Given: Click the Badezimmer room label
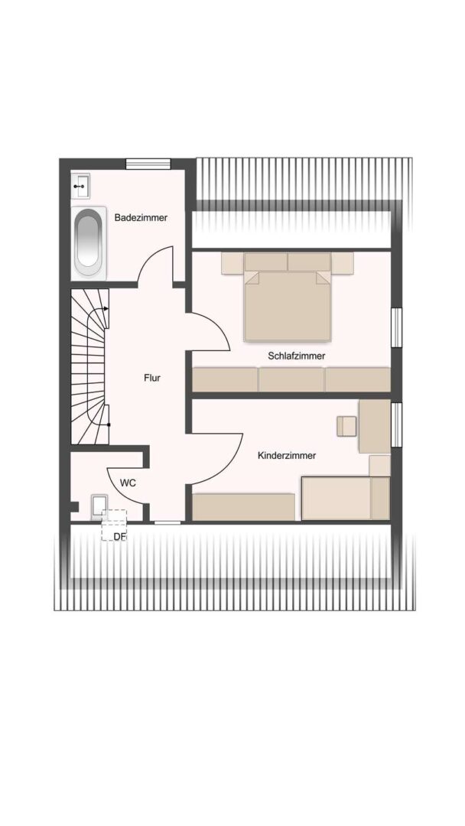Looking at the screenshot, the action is click(x=141, y=217).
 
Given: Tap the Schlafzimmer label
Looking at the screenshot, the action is click(x=296, y=356).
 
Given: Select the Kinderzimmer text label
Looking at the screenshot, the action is click(x=287, y=456).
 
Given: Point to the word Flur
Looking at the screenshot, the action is click(x=151, y=378).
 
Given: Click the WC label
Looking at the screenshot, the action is click(x=128, y=483).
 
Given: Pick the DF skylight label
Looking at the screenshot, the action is click(x=119, y=537).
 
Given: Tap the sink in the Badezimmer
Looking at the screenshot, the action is click(x=80, y=185).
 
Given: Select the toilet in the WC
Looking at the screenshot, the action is click(x=98, y=506).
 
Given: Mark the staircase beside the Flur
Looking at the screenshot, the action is click(x=90, y=366).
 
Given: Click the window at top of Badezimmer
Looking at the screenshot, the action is click(x=148, y=164).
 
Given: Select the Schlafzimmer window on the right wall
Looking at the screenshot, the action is click(x=396, y=327).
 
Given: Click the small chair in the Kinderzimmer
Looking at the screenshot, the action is click(x=347, y=426).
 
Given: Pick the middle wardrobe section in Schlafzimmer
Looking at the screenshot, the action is click(x=291, y=379).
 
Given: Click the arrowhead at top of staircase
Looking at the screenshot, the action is click(x=107, y=309).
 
